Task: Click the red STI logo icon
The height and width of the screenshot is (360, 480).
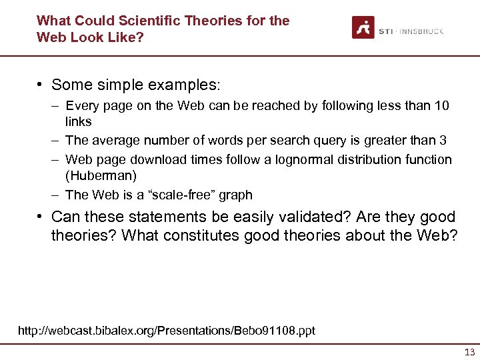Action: pyautogui.click(x=363, y=28)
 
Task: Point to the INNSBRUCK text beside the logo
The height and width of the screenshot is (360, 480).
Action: pyautogui.click(x=421, y=31)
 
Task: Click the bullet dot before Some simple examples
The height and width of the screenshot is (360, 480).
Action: pyautogui.click(x=41, y=85)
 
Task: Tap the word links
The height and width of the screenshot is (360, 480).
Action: pyautogui.click(x=78, y=121)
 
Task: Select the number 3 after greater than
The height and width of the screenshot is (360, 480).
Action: pyautogui.click(x=443, y=140)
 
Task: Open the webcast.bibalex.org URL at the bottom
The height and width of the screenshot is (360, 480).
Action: pyautogui.click(x=167, y=330)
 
